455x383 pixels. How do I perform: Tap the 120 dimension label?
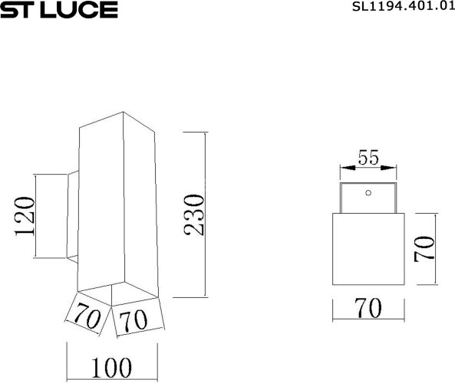pyautogui.click(x=25, y=218)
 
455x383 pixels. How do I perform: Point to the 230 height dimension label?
pyautogui.click(x=195, y=215)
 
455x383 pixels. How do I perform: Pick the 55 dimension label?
pyautogui.click(x=368, y=158)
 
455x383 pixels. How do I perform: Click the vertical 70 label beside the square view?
pyautogui.click(x=424, y=250)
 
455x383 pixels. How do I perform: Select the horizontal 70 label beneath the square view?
pyautogui.click(x=368, y=308)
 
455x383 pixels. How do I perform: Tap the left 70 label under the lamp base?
pyautogui.click(x=89, y=316)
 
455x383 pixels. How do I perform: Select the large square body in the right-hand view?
pyautogui.click(x=368, y=249)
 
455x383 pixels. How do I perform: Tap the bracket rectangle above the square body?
pyautogui.click(x=368, y=198)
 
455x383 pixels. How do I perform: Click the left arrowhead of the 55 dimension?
pyautogui.click(x=343, y=166)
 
